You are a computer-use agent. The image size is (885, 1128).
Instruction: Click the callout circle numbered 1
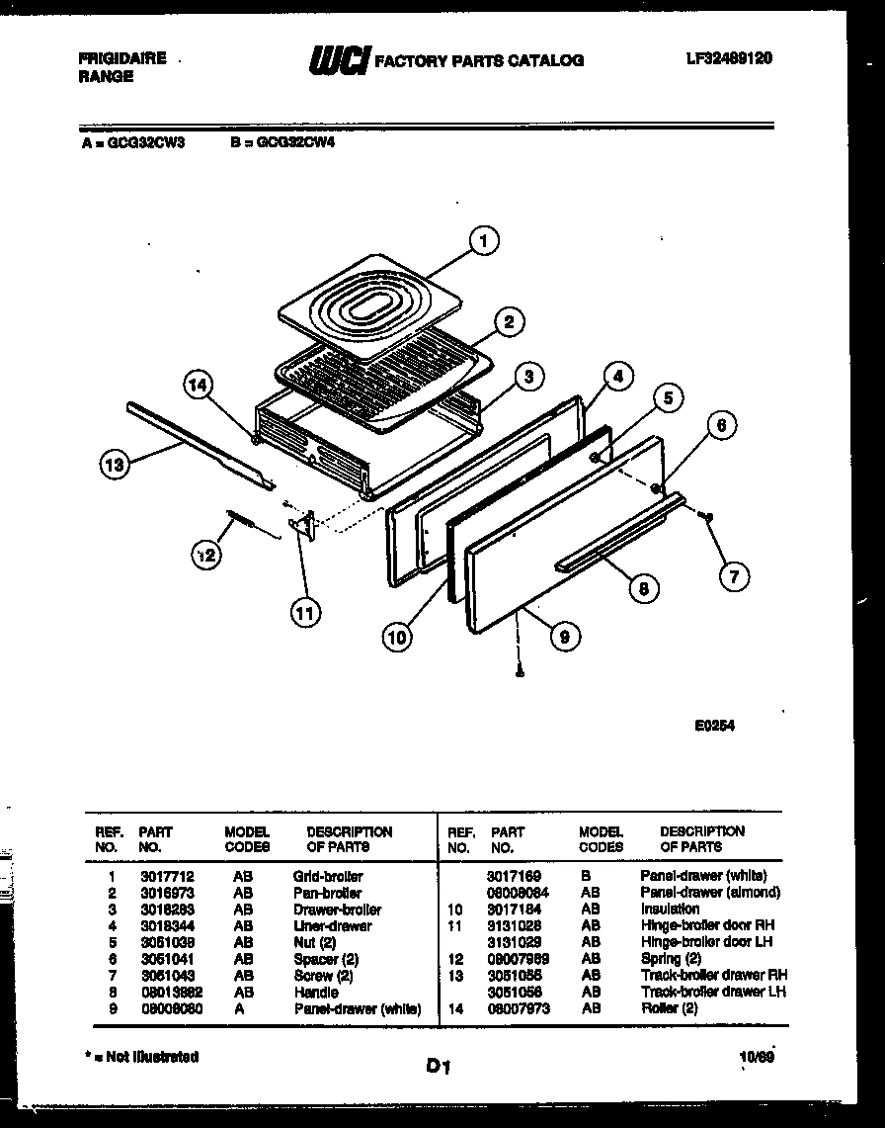point(483,240)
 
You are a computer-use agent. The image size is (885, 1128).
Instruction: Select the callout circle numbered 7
point(733,575)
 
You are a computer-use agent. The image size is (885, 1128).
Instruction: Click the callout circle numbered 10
point(397,638)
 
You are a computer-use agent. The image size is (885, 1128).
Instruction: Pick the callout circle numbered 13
point(116,464)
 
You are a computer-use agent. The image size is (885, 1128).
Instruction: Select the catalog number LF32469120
point(728,58)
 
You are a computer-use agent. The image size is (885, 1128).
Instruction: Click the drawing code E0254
point(714,724)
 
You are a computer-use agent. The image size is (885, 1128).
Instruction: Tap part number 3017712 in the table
point(159,876)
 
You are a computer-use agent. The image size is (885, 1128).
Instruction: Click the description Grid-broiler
point(328,876)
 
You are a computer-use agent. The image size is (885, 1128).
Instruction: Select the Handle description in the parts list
point(315,992)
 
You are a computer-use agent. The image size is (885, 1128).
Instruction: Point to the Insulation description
point(670,909)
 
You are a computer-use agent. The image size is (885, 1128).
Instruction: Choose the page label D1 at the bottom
point(440,1066)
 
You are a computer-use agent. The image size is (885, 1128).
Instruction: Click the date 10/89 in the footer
point(755,1056)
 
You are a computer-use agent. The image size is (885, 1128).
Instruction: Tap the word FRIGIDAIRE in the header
point(121,58)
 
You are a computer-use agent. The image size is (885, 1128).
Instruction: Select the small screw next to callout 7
point(707,515)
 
